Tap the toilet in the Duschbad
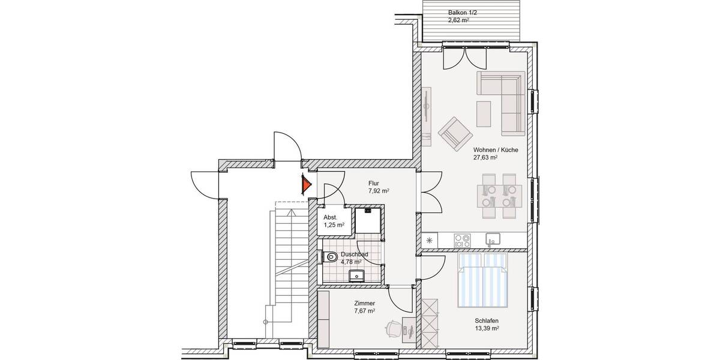[329, 257]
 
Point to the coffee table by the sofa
[484, 112]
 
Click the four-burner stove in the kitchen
[463, 241]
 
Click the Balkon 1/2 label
[462, 13]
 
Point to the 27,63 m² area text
[485, 158]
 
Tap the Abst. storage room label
[330, 217]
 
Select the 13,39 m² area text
[487, 329]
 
